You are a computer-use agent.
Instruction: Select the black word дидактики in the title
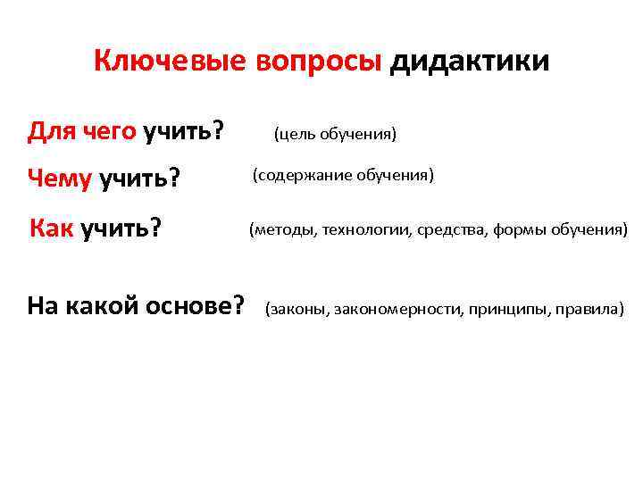(x=470, y=62)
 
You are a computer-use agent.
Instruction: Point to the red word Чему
(x=60, y=179)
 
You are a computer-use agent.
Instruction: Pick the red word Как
(x=52, y=228)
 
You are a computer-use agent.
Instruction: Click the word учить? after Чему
(x=139, y=179)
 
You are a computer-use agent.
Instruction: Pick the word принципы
(x=504, y=310)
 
